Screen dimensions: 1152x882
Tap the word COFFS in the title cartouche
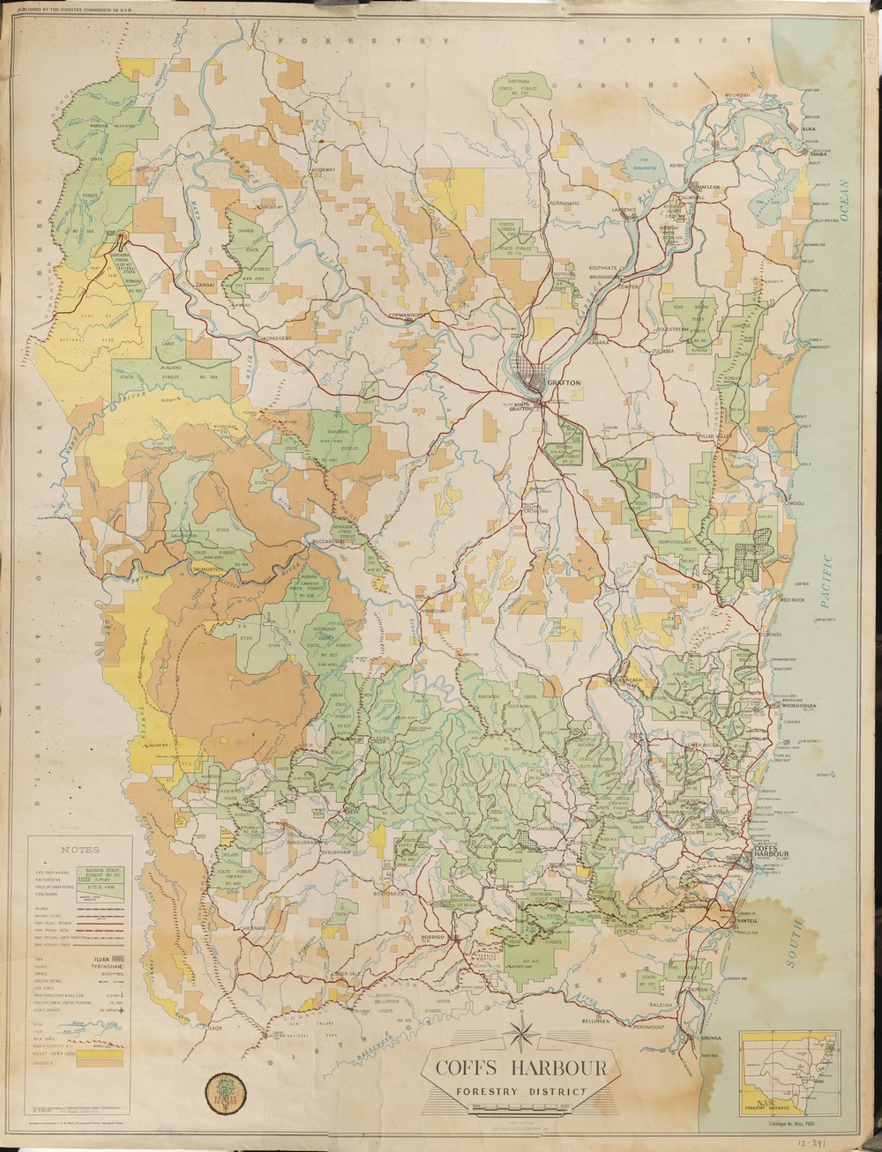click(475, 1069)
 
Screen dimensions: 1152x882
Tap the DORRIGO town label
click(438, 937)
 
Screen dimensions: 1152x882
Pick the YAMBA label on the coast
click(816, 152)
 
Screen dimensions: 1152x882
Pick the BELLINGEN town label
click(597, 1020)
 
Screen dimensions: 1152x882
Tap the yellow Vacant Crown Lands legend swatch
click(100, 1051)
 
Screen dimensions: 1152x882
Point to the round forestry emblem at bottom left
click(225, 1091)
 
